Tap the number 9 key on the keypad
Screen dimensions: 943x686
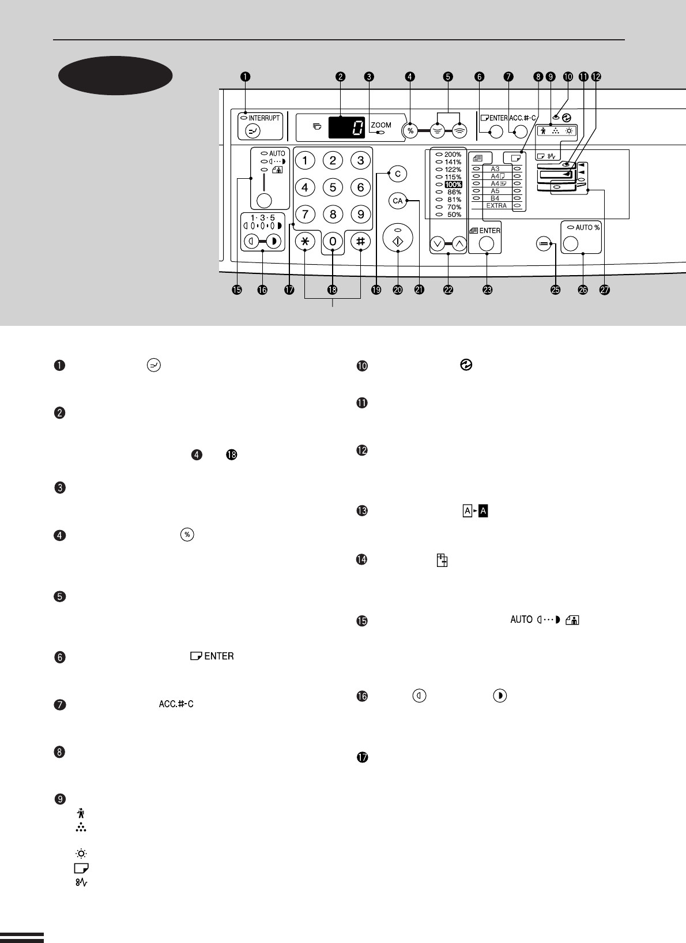360,214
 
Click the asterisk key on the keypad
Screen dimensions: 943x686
305,242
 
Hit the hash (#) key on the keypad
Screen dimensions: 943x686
360,242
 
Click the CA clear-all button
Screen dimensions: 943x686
397,201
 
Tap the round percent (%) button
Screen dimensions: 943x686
410,131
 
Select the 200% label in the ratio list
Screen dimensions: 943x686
453,155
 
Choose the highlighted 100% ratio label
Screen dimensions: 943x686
453,185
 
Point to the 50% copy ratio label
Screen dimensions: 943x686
454,215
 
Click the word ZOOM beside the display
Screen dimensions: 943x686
381,125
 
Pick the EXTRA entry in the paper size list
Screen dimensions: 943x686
496,205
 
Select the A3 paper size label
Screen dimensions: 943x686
495,169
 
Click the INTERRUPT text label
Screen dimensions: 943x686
264,118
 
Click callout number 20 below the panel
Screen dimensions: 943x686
398,290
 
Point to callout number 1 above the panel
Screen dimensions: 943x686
246,76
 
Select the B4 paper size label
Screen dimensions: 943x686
495,198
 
